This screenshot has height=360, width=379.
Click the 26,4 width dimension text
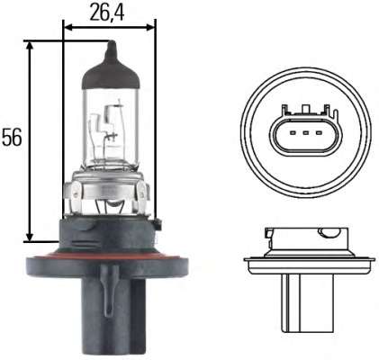click(108, 13)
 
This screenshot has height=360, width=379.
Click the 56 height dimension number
click(12, 137)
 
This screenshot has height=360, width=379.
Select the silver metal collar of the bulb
click(109, 191)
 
